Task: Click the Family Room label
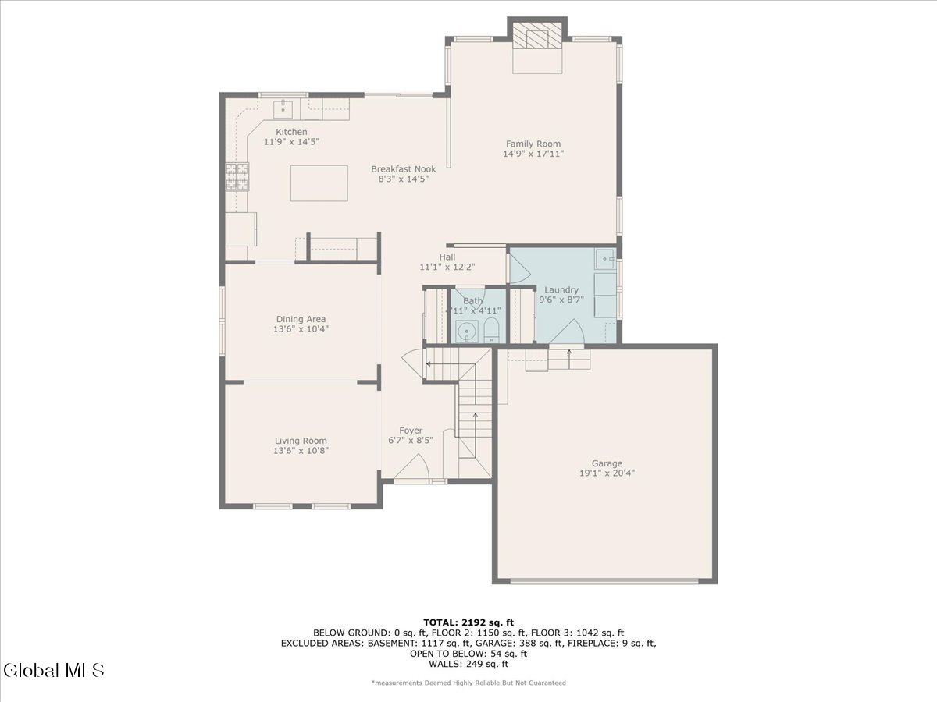pyautogui.click(x=533, y=144)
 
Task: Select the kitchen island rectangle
pyautogui.click(x=319, y=183)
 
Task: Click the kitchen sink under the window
pyautogui.click(x=282, y=108)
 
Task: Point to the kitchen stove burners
pyautogui.click(x=237, y=176)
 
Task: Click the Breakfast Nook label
pyautogui.click(x=403, y=168)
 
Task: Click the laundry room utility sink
pyautogui.click(x=605, y=257)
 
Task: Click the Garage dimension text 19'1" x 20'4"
pyautogui.click(x=607, y=472)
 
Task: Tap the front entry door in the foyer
pyautogui.click(x=412, y=470)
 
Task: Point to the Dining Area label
pyautogui.click(x=301, y=319)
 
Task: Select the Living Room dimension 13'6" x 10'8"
pyautogui.click(x=301, y=450)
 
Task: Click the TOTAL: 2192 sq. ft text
pyautogui.click(x=468, y=622)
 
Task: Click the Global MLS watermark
pyautogui.click(x=53, y=669)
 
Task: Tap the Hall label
pyautogui.click(x=447, y=257)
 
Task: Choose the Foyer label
pyautogui.click(x=411, y=431)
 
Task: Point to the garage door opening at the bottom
pyautogui.click(x=604, y=580)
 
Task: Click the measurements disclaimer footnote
pyautogui.click(x=468, y=682)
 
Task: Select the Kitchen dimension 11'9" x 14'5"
pyautogui.click(x=291, y=142)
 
